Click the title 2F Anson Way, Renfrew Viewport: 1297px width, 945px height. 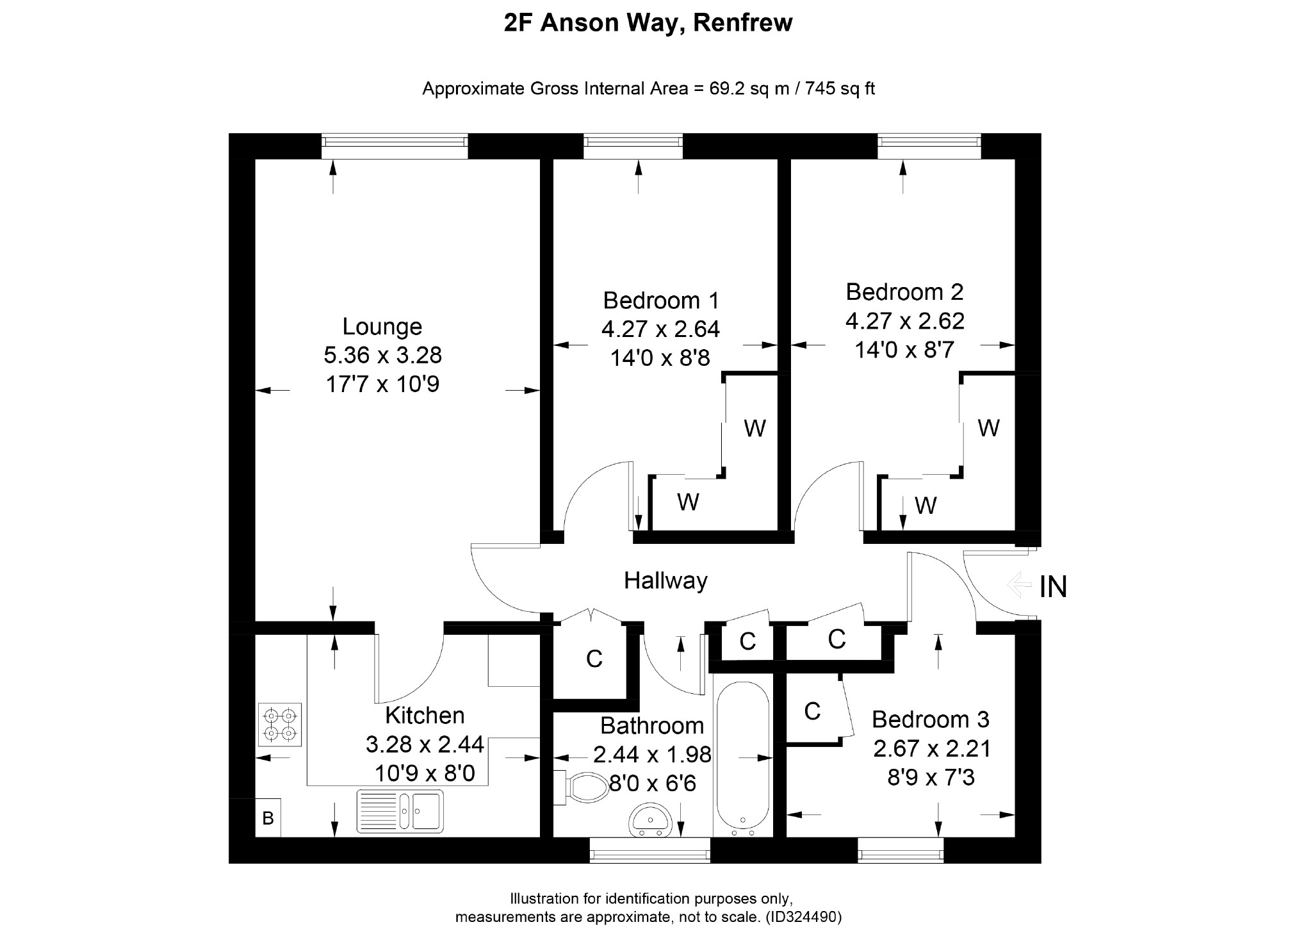click(x=648, y=23)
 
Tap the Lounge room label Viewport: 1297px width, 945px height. click(x=382, y=327)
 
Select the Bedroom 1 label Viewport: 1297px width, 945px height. click(x=661, y=300)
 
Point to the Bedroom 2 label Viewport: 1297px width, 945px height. click(x=904, y=292)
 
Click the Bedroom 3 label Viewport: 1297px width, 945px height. click(x=931, y=719)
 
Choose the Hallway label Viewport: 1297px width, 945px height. click(x=665, y=581)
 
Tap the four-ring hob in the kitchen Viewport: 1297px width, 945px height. click(x=279, y=724)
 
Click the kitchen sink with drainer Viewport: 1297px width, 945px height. click(x=400, y=810)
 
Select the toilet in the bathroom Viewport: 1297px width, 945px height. click(x=582, y=788)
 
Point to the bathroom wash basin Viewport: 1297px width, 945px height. click(x=650, y=822)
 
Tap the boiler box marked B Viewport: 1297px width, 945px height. click(x=268, y=818)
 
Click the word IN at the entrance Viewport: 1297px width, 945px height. click(x=1053, y=587)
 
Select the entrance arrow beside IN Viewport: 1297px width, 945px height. click(x=1019, y=585)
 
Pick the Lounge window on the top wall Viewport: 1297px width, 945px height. click(x=395, y=145)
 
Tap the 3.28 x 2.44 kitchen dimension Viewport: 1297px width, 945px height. click(x=425, y=745)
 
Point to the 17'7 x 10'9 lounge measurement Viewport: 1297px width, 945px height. click(x=382, y=384)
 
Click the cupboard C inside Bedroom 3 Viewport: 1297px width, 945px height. click(x=812, y=711)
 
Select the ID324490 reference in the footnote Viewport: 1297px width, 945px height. click(x=803, y=917)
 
